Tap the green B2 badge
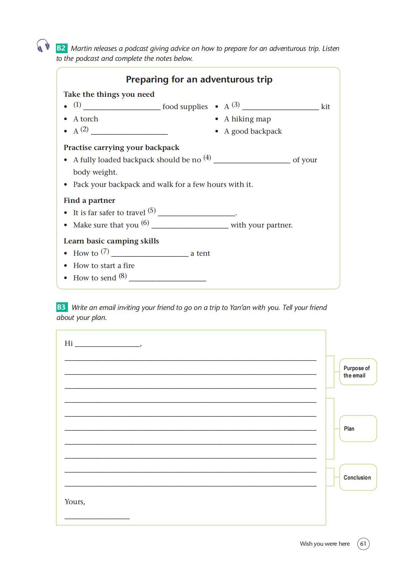coord(61,48)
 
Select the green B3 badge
coord(62,307)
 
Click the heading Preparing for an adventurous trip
coord(199,79)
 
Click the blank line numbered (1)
coord(122,107)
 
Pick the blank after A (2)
coord(129,131)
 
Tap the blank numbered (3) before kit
coord(280,107)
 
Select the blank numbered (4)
coord(251,160)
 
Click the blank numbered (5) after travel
coord(197,213)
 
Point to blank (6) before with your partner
coord(190,225)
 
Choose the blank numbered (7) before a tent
coord(150,253)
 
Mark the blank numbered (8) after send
coord(167,278)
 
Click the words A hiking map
coord(247,119)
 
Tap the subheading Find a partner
coord(89,201)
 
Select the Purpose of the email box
coord(358,372)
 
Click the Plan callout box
coord(358,429)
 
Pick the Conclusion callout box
coord(358,478)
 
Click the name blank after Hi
coord(107,344)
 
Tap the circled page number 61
coord(363,544)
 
